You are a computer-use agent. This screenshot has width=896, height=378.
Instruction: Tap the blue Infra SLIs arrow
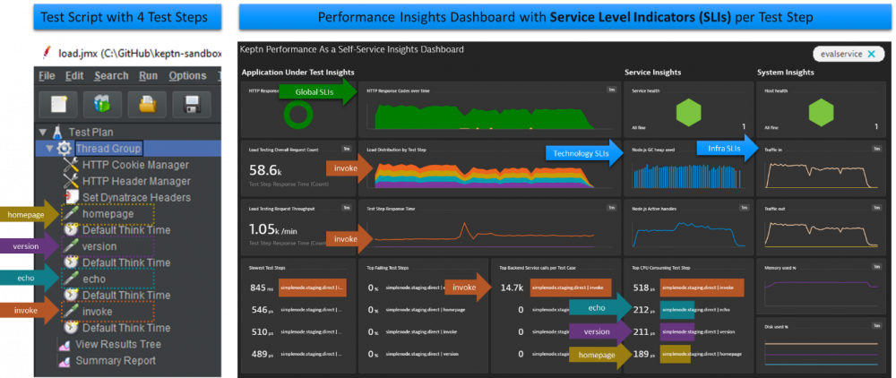pos(727,149)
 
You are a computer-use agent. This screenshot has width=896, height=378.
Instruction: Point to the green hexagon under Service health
pos(688,112)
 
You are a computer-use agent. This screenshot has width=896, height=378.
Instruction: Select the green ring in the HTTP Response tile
pos(297,115)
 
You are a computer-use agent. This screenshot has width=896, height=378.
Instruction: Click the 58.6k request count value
pos(267,169)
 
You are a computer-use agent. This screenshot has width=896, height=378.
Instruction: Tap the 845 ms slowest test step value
pos(262,288)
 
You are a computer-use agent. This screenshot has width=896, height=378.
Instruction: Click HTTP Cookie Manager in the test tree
pos(134,165)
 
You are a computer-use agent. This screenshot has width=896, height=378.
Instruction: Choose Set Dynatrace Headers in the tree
pos(136,197)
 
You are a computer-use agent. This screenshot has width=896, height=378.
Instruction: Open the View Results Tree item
pos(117,344)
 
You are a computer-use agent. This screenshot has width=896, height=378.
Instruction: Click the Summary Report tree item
pos(115,360)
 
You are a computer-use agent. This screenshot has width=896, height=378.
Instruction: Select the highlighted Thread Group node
pos(108,148)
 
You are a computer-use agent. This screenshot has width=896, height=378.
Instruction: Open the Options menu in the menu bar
pos(187,76)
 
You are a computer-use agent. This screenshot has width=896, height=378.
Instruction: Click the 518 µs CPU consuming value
pos(640,288)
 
